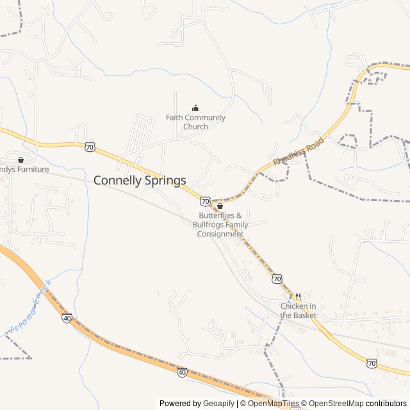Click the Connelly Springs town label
(x=140, y=181)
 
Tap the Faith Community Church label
(x=195, y=122)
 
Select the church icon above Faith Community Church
(x=195, y=108)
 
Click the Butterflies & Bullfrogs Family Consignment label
(x=220, y=225)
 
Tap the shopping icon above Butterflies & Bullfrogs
(x=220, y=206)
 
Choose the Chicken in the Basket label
(x=299, y=311)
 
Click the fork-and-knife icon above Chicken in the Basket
(x=298, y=297)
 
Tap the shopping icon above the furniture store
(x=21, y=160)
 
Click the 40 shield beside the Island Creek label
(x=67, y=317)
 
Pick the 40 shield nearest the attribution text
(x=182, y=372)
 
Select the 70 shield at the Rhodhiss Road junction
(x=204, y=201)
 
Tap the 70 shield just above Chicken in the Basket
(x=277, y=278)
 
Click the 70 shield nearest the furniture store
(x=90, y=147)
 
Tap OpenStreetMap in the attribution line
(x=337, y=404)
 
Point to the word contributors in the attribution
(x=386, y=404)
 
